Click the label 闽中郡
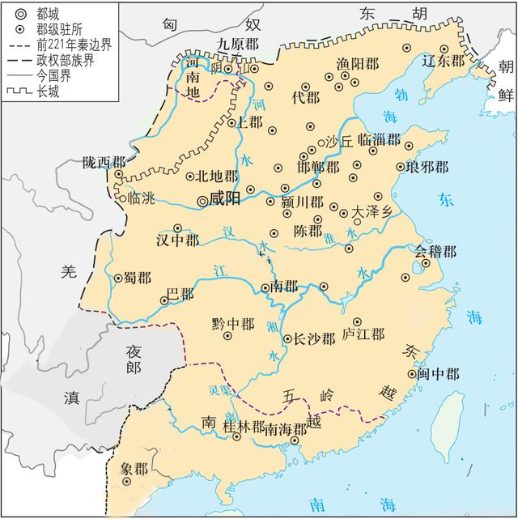(439, 373)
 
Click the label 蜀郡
(137, 278)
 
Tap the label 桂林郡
(245, 426)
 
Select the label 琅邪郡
(427, 168)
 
